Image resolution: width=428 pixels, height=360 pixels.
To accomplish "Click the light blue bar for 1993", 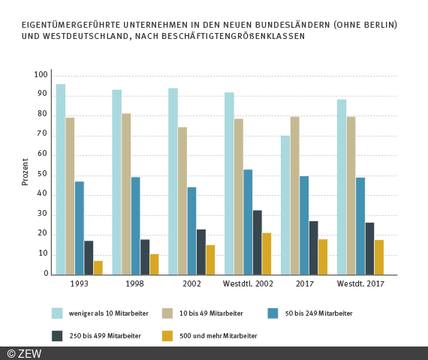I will click(x=60, y=179).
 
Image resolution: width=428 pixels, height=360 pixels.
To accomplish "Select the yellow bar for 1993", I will click(x=98, y=268).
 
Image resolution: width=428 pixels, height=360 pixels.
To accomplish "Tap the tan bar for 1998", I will click(x=126, y=194).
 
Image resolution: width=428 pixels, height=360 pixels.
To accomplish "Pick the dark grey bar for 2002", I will click(x=201, y=252).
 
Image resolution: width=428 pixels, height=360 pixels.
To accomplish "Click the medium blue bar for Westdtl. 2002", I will click(x=248, y=222).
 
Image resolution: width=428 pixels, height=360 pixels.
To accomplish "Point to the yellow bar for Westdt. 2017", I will click(x=379, y=257).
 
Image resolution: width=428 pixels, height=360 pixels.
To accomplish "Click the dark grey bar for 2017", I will click(x=313, y=247).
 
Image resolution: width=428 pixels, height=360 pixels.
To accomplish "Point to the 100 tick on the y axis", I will click(x=41, y=75).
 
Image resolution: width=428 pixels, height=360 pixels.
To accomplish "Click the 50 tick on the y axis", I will click(x=42, y=175).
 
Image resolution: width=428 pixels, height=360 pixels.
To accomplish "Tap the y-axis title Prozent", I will click(x=25, y=172).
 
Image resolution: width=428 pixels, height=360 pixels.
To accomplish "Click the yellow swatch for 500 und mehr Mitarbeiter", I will click(x=167, y=335).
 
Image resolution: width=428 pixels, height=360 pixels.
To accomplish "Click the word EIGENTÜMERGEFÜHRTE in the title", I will click(x=65, y=25).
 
